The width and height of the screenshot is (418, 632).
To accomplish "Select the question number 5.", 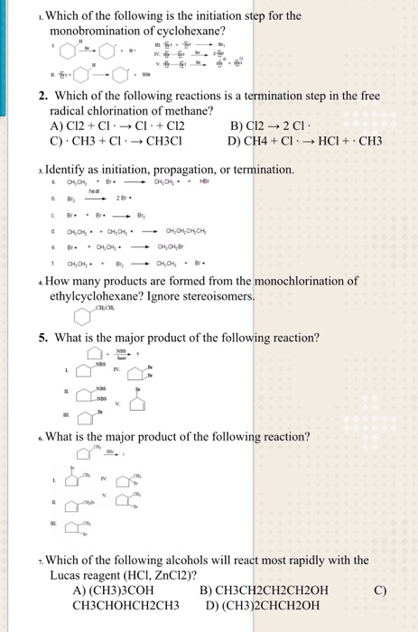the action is point(43,338).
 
